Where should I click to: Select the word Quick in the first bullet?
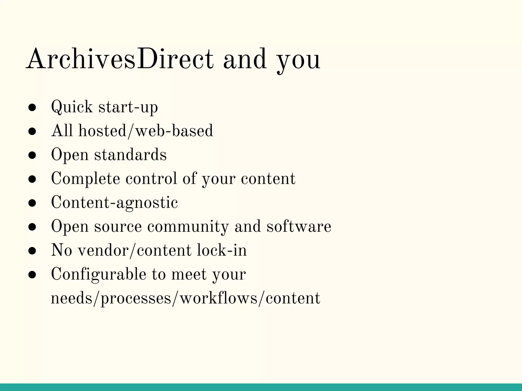pyautogui.click(x=72, y=107)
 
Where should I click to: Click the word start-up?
pyautogui.click(x=128, y=107)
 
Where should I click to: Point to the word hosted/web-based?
pyautogui.click(x=146, y=131)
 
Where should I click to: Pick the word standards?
pyautogui.click(x=130, y=155)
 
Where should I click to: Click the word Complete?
pyautogui.click(x=85, y=179)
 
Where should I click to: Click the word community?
pyautogui.click(x=188, y=227)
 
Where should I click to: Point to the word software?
pyautogui.click(x=299, y=226)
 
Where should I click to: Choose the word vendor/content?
pyautogui.click(x=134, y=250)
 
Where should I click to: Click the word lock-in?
pyautogui.click(x=222, y=250)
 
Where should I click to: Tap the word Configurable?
pyautogui.click(x=99, y=274)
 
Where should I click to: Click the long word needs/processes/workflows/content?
pyautogui.click(x=185, y=298)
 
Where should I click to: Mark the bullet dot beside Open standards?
pyautogui.click(x=32, y=156)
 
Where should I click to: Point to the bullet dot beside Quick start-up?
pyautogui.click(x=32, y=108)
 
